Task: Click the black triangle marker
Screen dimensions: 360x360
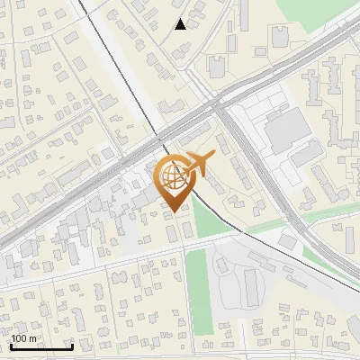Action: [181, 24]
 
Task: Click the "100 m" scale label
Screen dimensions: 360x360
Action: [24, 338]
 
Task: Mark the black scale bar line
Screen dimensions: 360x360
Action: [41, 346]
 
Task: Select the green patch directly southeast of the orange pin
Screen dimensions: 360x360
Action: [209, 221]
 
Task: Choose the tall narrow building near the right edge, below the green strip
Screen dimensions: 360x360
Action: [350, 239]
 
